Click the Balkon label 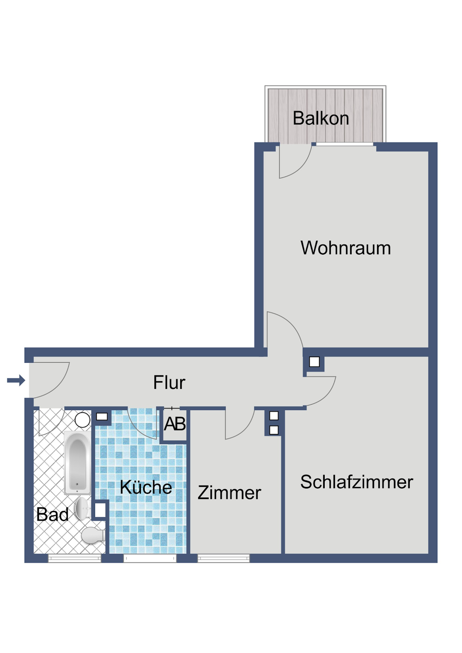coord(321,119)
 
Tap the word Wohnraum coord(346,248)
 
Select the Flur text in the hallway coord(169,383)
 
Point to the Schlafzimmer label coord(356,482)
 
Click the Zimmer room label coord(229,493)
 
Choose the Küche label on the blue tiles coord(146,487)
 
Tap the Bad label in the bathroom coord(52,515)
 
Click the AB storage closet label coord(175,424)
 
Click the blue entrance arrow coord(16,380)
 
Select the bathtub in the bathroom coord(77,463)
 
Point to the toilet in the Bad coord(93,536)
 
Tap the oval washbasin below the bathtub coord(82,508)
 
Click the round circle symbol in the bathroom coord(82,420)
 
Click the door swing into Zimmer coord(239,423)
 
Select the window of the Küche coord(150,558)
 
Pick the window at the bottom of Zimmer coord(224,558)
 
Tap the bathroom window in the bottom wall coord(74,558)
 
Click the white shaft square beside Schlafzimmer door coord(315,362)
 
